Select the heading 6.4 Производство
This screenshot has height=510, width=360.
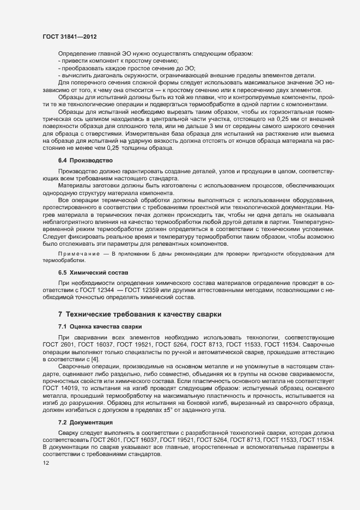(84, 160)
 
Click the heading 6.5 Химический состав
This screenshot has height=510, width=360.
(93, 272)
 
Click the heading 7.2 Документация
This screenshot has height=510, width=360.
(86, 407)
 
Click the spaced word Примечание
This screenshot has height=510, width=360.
(79, 254)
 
